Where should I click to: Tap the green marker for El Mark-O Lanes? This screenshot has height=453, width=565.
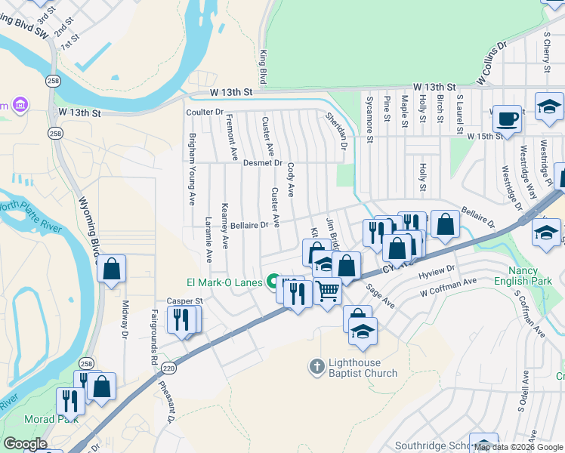[273, 282]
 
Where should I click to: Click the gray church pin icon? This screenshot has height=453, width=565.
[316, 367]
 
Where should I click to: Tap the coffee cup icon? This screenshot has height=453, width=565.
[507, 119]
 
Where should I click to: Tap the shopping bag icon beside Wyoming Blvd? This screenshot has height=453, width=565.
[111, 269]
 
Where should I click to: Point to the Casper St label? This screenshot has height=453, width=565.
[186, 300]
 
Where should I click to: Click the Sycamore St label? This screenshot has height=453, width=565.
[369, 118]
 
